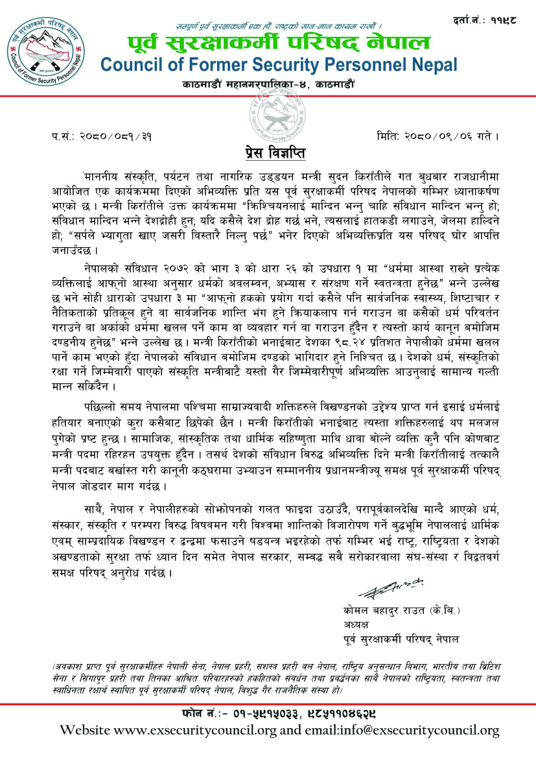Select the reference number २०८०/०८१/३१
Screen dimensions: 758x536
coord(113,137)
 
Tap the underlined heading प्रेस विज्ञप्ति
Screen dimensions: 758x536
coord(268,155)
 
